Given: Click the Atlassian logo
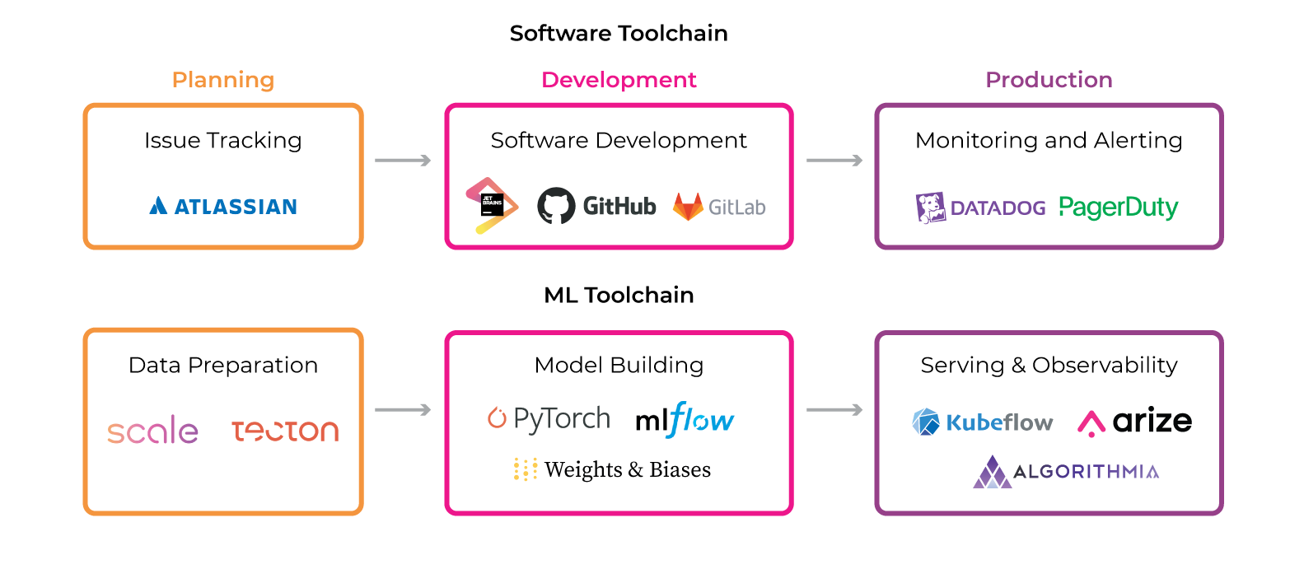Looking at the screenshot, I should (x=222, y=206).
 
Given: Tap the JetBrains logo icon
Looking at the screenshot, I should (x=492, y=206).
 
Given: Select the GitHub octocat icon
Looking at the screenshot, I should (x=556, y=206).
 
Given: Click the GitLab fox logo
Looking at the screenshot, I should (x=688, y=207).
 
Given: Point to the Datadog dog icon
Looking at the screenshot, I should (x=931, y=208).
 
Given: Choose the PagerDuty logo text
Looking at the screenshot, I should (x=1119, y=208).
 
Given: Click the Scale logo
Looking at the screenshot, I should (x=152, y=431).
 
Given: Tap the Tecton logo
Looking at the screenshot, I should (x=285, y=431).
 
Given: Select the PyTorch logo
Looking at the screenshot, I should (x=549, y=419).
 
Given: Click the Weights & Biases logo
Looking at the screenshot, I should (x=611, y=469).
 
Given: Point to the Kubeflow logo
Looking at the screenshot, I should (x=982, y=422).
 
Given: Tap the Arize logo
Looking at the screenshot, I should (x=1134, y=422).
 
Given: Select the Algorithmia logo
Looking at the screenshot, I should (x=1065, y=472).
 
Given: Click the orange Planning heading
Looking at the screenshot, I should (x=223, y=80).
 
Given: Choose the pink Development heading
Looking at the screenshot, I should (x=619, y=80).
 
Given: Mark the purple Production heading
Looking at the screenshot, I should (x=1049, y=80).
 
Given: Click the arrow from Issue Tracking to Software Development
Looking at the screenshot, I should (x=403, y=161).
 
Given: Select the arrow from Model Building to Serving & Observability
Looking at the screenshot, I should (x=834, y=410).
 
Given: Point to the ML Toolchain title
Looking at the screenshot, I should (x=619, y=295).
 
